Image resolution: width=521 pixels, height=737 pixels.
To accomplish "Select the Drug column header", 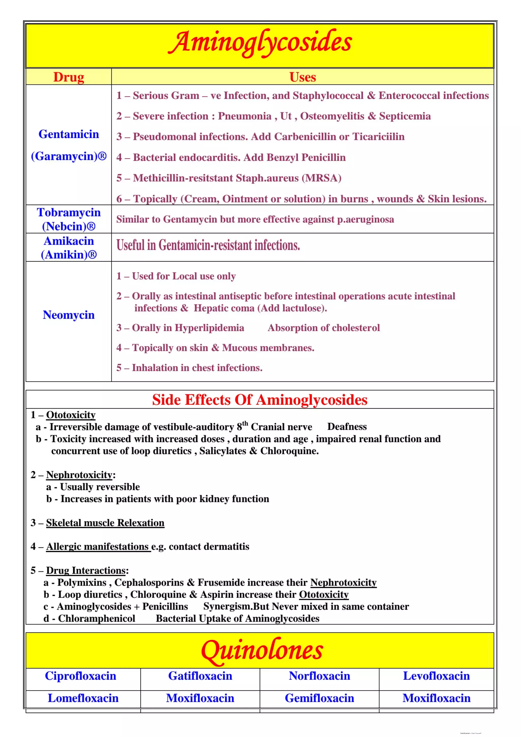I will pos(69,77).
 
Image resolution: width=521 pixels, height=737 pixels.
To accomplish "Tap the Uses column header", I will pos(302,77).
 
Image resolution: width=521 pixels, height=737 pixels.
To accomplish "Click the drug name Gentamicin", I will pos(69,134).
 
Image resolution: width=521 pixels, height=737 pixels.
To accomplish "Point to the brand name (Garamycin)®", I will pos(69,156).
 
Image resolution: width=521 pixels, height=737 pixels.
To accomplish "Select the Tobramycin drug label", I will pos(69,212).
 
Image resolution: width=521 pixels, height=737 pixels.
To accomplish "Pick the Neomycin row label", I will pos(69,315).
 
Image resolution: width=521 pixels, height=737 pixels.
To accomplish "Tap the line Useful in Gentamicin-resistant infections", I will pos(208,246).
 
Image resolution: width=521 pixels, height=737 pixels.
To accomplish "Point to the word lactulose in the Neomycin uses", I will pos(303,308).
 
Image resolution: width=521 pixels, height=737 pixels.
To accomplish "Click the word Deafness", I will pos(347,427).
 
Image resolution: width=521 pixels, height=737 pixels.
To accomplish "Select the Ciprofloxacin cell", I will pos(81,676).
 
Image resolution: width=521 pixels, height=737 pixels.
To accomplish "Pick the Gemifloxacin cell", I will pos(319,698).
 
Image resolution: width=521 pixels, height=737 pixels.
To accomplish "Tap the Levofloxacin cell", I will pos(436,676).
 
